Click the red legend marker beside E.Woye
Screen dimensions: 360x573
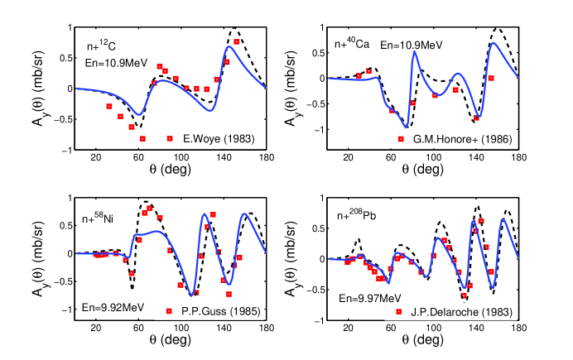pos(170,137)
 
